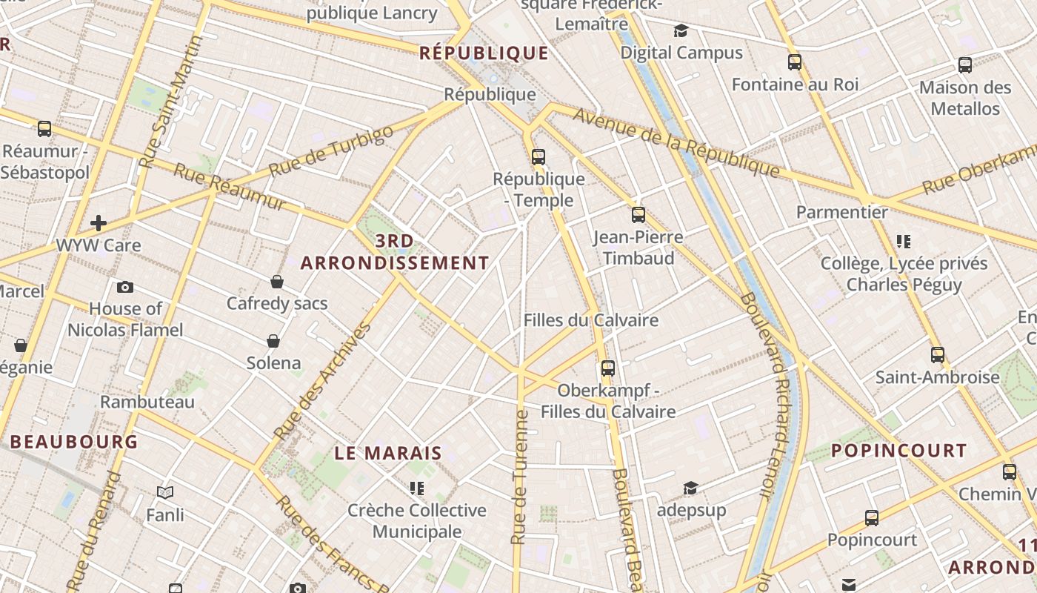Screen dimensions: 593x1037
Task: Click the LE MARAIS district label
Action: [x=388, y=453]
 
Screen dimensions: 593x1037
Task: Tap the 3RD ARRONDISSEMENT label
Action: [x=395, y=252]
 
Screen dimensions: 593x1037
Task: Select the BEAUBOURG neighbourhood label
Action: [x=74, y=442]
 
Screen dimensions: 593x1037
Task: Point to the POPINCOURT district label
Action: [x=898, y=451]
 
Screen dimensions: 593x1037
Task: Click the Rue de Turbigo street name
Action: [x=331, y=151]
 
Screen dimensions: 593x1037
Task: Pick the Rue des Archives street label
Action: [x=321, y=381]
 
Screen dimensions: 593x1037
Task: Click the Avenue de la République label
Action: [x=676, y=142]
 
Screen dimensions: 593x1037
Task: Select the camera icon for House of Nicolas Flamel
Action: [x=125, y=287]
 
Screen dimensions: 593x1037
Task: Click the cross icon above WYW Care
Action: [x=99, y=222]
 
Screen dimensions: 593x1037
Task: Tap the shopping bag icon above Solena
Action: [x=273, y=341]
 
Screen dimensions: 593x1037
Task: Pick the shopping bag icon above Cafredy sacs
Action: [x=277, y=282]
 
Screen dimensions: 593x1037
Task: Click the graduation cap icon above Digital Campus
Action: [x=681, y=30]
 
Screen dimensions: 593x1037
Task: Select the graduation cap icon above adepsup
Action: [x=690, y=488]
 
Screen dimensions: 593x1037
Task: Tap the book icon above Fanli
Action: [x=165, y=492]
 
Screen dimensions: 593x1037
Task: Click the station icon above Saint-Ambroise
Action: [x=938, y=354]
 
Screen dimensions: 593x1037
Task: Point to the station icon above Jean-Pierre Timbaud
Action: [x=638, y=215]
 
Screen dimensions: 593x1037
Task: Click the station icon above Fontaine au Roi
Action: [x=795, y=62]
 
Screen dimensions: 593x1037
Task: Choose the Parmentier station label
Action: [x=841, y=212]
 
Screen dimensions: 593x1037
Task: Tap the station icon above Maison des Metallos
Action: [x=965, y=65]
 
